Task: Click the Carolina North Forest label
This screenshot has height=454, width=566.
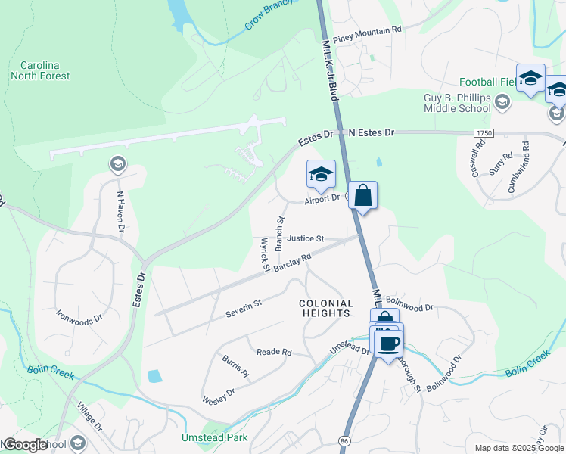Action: [x=40, y=70]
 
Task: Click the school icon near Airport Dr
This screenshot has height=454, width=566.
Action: [x=321, y=175]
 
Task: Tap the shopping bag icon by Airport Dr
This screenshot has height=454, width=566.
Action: [x=363, y=196]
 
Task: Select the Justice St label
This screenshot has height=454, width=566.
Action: [x=305, y=238]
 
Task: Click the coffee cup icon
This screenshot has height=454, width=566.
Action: [x=389, y=344]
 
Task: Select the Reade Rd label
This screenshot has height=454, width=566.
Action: [x=274, y=352]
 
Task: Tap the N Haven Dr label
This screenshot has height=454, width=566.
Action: [x=120, y=210]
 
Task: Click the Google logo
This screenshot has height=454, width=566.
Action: [x=25, y=444]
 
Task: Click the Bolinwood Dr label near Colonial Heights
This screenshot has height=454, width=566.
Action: [x=412, y=308]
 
